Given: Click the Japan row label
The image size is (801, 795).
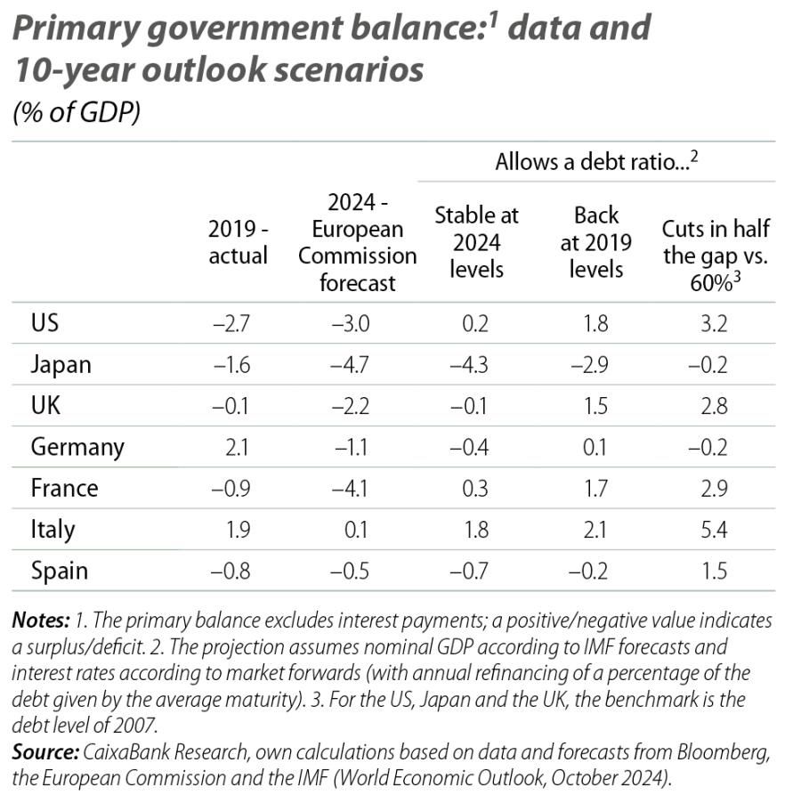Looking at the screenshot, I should [x=61, y=365].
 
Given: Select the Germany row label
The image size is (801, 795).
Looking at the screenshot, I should [x=77, y=447].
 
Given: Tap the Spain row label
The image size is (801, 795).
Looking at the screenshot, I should [x=59, y=570].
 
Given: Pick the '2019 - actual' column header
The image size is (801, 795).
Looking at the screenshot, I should [x=238, y=242].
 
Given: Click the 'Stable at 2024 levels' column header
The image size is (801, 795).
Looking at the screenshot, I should [x=476, y=242].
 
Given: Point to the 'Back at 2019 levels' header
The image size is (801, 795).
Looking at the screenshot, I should [x=596, y=242].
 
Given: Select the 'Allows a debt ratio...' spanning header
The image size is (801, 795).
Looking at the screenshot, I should [x=595, y=162].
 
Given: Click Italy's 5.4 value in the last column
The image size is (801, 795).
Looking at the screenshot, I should [x=714, y=530].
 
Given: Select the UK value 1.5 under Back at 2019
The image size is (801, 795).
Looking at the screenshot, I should [x=596, y=406].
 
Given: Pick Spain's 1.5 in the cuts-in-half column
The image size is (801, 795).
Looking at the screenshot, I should [x=714, y=571].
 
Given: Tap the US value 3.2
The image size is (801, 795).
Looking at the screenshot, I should [x=714, y=323].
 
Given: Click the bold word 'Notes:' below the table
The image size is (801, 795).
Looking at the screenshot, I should [x=40, y=620].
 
